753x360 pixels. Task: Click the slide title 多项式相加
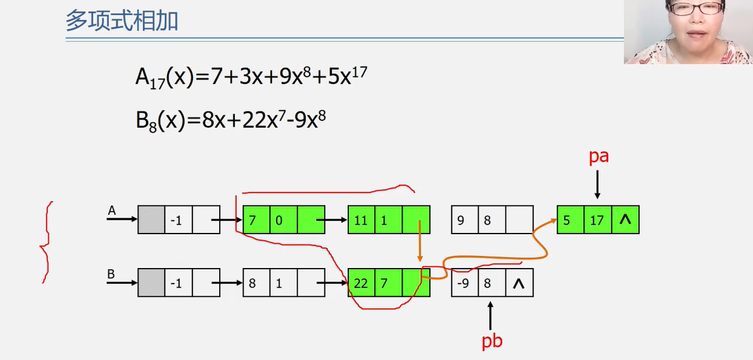point(122,21)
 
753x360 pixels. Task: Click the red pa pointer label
point(599,157)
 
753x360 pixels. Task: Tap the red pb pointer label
point(492,341)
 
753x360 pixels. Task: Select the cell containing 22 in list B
point(361,283)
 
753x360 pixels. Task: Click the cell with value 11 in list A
point(361,220)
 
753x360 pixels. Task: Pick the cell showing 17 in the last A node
point(598,220)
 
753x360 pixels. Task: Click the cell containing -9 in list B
point(464,283)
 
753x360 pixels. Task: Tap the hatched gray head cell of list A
point(151,220)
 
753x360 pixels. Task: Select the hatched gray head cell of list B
point(151,283)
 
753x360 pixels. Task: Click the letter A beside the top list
point(112,211)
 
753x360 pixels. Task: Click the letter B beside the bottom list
point(112,274)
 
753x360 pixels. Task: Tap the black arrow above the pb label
point(491,316)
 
